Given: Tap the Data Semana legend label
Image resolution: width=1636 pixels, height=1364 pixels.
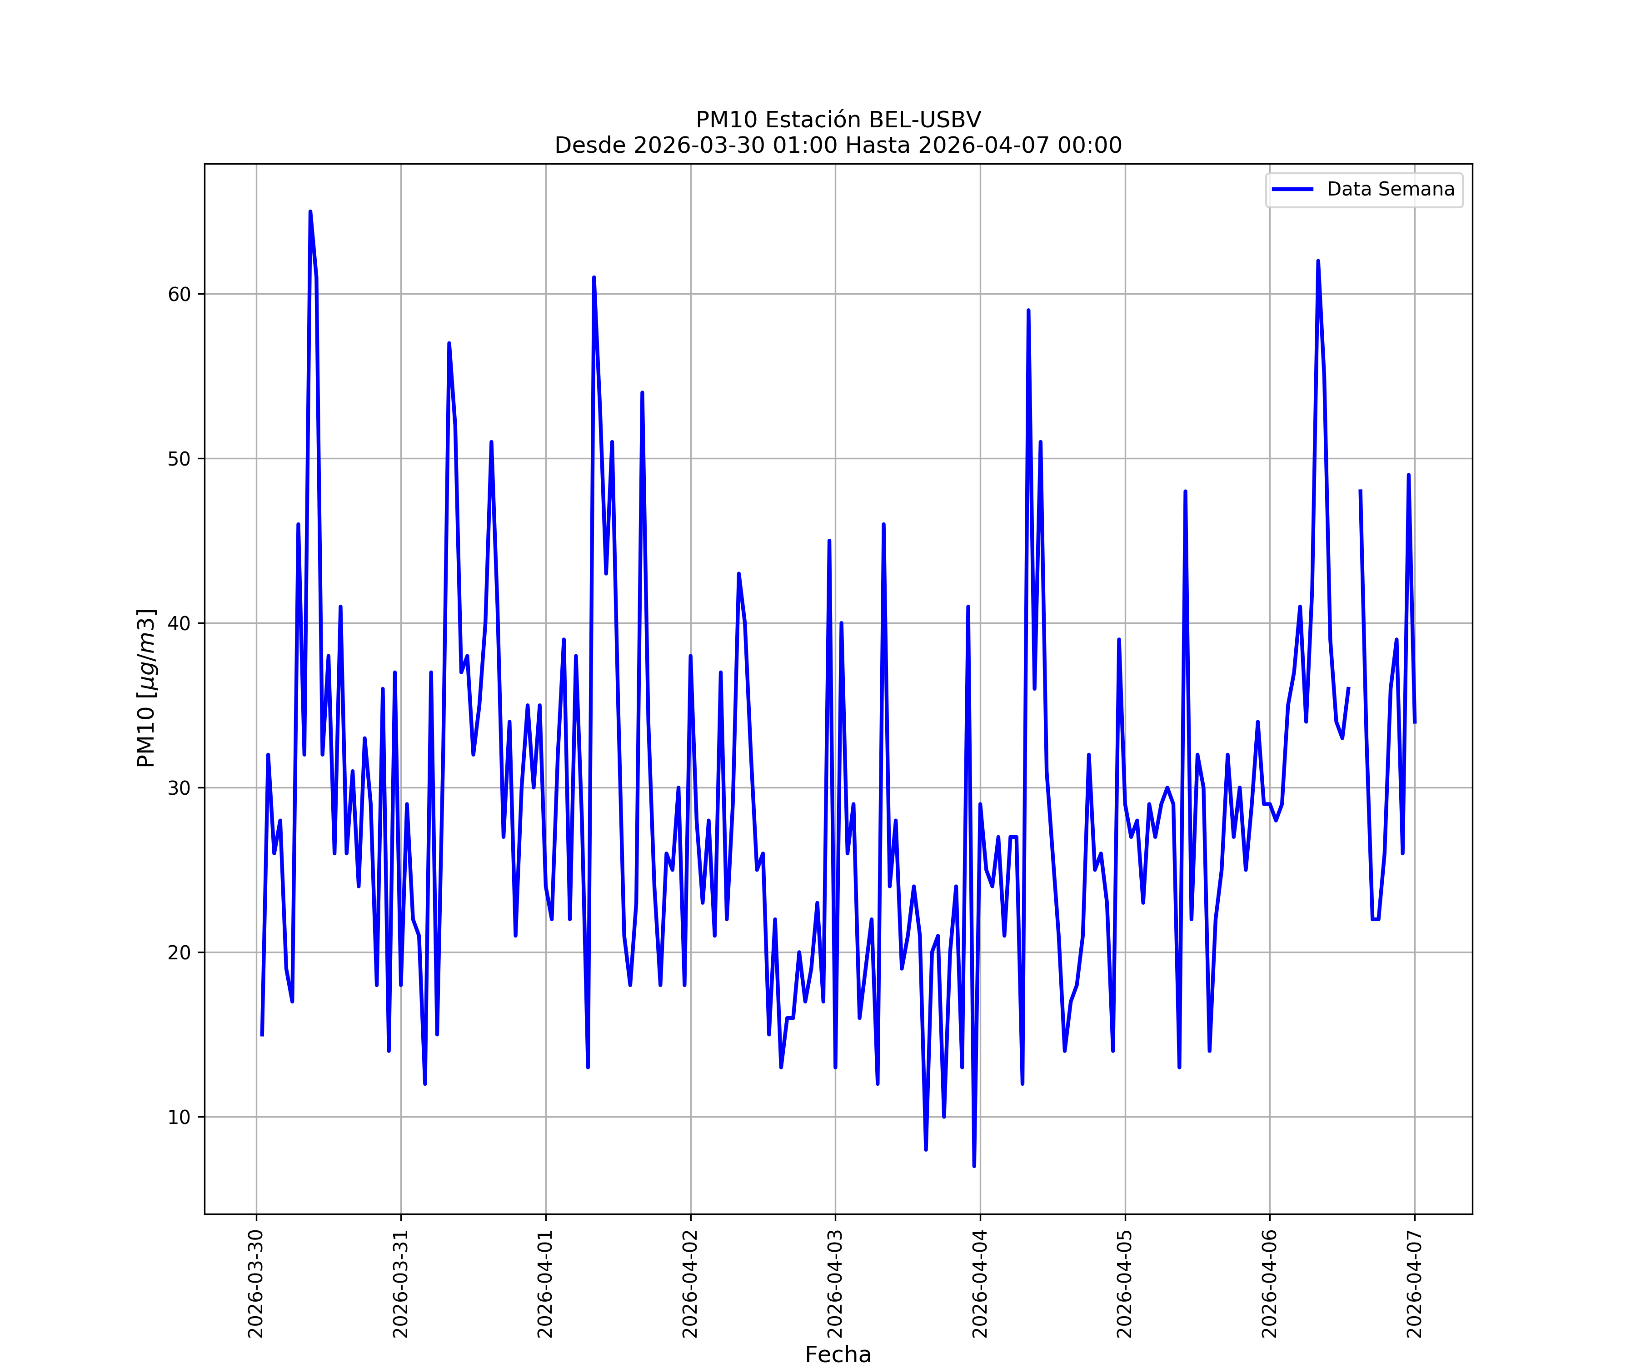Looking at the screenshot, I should (x=1390, y=190).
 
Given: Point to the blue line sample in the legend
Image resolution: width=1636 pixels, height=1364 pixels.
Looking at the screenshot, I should (x=1292, y=190).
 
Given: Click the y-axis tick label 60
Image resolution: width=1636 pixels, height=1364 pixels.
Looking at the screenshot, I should (x=179, y=295).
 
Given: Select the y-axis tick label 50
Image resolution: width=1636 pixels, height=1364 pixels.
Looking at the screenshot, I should (x=179, y=459).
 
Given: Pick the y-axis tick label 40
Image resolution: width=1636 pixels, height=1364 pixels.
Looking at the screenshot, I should (x=179, y=623).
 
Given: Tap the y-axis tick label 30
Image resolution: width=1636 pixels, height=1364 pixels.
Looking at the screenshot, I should (x=179, y=788).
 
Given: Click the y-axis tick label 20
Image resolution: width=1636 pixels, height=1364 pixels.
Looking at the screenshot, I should (x=179, y=953).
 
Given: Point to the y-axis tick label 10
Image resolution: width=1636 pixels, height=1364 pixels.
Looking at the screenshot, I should (x=179, y=1117).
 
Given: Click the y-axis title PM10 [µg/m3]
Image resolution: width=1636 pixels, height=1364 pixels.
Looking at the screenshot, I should (x=146, y=688).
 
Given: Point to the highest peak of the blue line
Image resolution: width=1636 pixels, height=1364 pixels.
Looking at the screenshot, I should (x=310, y=212).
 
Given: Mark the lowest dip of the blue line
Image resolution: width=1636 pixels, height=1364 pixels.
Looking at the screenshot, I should (x=974, y=1165).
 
